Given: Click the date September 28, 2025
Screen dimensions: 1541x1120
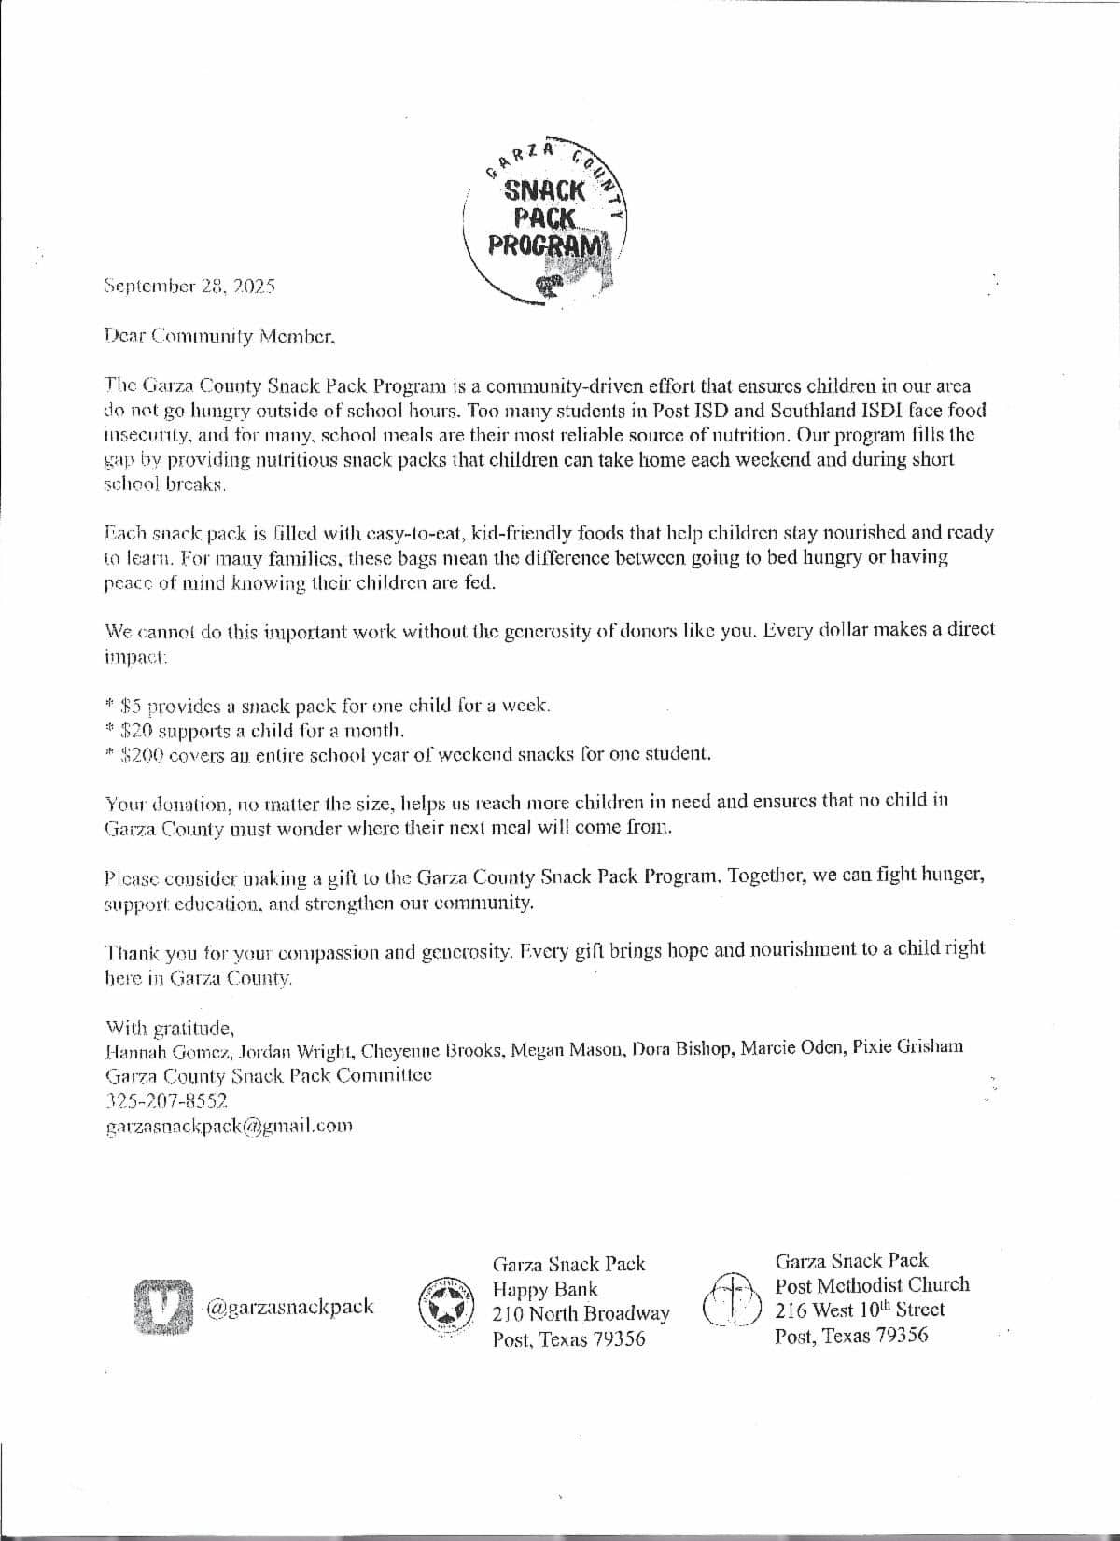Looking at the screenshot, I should pos(189,286).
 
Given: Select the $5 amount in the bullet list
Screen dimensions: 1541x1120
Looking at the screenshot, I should pos(131,705).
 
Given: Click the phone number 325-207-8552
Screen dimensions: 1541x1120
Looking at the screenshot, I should pos(167,1100).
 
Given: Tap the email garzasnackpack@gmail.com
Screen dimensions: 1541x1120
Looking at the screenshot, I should pos(230,1126).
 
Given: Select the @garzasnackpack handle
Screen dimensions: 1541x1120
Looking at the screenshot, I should pos(289,1306).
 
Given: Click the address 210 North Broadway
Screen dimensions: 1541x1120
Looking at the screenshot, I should pos(581,1313).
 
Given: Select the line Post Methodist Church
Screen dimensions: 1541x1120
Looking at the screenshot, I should pos(872,1284).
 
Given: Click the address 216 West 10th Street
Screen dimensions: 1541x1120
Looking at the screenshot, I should pos(860,1310).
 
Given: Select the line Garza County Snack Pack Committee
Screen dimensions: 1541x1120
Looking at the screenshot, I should pos(269,1075).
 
